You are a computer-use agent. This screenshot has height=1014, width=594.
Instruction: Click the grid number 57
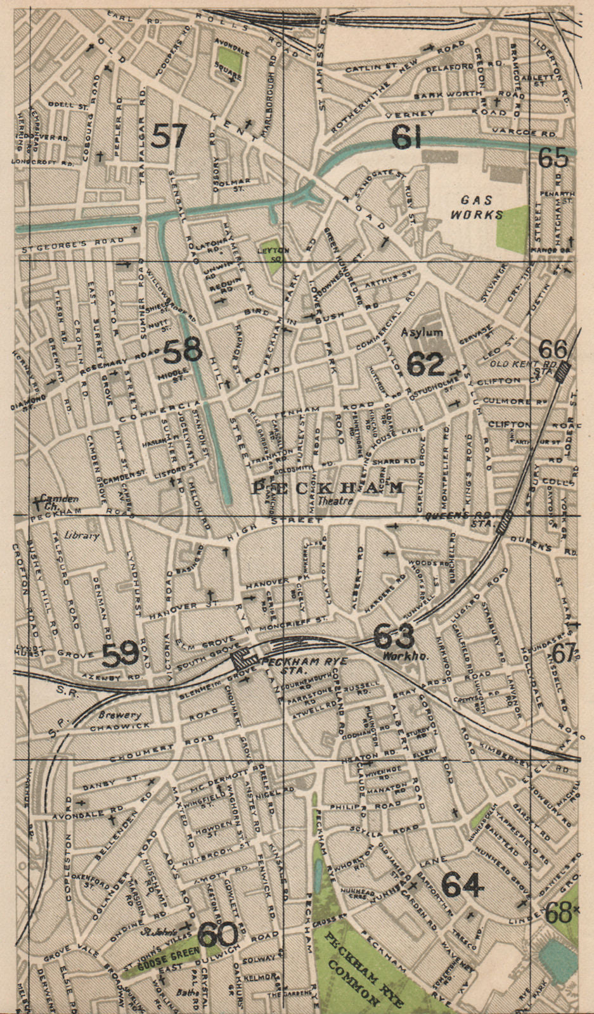click(x=169, y=135)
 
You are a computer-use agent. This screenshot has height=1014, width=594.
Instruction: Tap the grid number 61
click(x=404, y=137)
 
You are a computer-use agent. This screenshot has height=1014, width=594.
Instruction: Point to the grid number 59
click(x=120, y=653)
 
